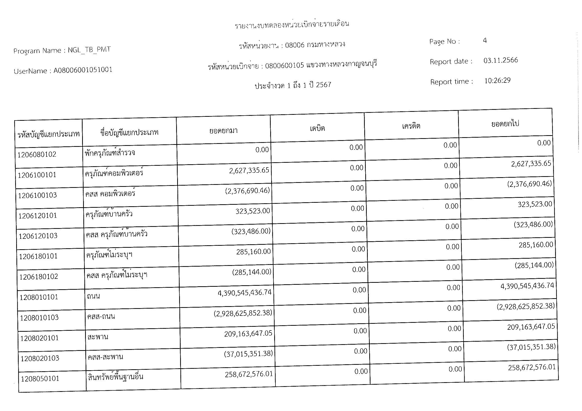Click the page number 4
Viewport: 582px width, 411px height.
(x=485, y=41)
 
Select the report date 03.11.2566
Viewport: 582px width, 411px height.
(x=500, y=60)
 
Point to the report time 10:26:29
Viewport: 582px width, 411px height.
(x=497, y=81)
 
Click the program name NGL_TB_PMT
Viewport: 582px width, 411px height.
(x=89, y=49)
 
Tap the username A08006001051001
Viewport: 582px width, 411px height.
(x=83, y=70)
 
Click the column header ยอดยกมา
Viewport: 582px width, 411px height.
(x=223, y=131)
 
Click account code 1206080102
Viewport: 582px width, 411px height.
(x=37, y=154)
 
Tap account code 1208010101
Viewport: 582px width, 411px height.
(x=39, y=297)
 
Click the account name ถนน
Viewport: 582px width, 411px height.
(x=93, y=296)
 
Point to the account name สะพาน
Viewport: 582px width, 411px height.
(x=98, y=337)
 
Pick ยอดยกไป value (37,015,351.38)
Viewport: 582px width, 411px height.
(x=531, y=347)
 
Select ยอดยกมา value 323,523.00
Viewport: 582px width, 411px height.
(x=253, y=211)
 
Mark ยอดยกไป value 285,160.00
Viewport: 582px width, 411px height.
(x=536, y=245)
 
